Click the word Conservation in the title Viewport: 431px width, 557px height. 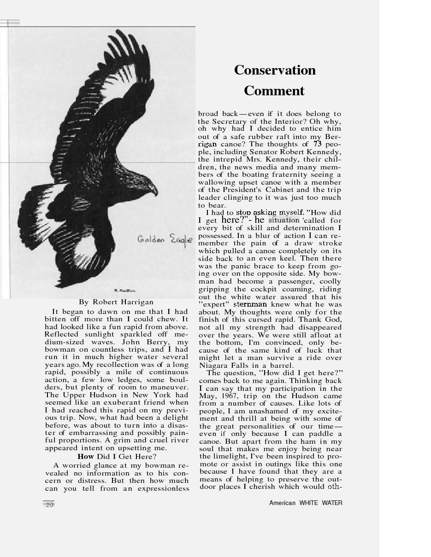[275, 70]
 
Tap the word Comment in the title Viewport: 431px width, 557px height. [274, 91]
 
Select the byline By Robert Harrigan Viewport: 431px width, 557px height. [116, 302]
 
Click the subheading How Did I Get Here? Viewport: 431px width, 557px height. [117, 456]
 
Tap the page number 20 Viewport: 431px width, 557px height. [49, 505]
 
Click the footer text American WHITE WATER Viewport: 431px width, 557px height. [306, 503]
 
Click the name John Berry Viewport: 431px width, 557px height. [148, 342]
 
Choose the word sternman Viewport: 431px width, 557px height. [250, 304]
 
